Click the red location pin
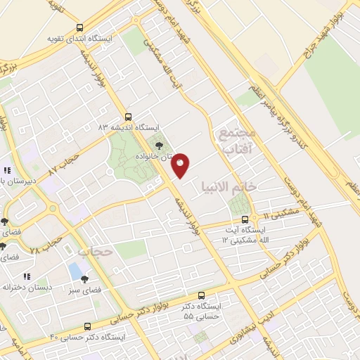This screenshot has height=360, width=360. [x=181, y=165]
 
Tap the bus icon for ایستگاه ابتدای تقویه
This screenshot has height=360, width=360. [x=78, y=27]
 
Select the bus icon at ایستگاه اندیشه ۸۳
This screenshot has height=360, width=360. [x=127, y=116]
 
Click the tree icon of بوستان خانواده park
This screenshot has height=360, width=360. [x=160, y=146]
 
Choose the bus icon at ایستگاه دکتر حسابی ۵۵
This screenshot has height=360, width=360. [x=202, y=295]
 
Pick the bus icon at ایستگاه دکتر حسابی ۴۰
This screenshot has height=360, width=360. [x=87, y=327]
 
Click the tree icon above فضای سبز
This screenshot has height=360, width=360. [x=85, y=279]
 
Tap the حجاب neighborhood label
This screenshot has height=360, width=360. [x=96, y=251]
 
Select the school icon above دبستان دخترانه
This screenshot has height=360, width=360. [x=28, y=276]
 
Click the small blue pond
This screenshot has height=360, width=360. [x=75, y=270]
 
